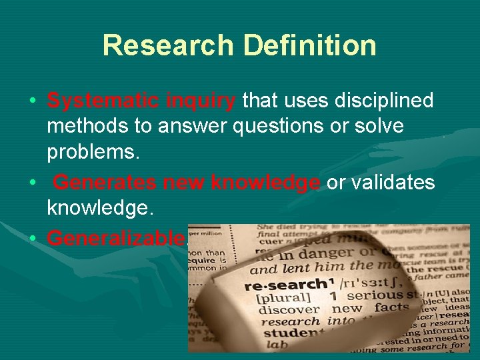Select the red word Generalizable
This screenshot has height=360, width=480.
coord(116,237)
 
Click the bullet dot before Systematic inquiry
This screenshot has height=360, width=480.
coord(33,102)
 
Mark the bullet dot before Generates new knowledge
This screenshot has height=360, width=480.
coord(33,183)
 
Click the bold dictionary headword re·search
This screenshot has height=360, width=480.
coord(275,285)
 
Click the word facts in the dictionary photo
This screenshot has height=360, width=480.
coord(391,307)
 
